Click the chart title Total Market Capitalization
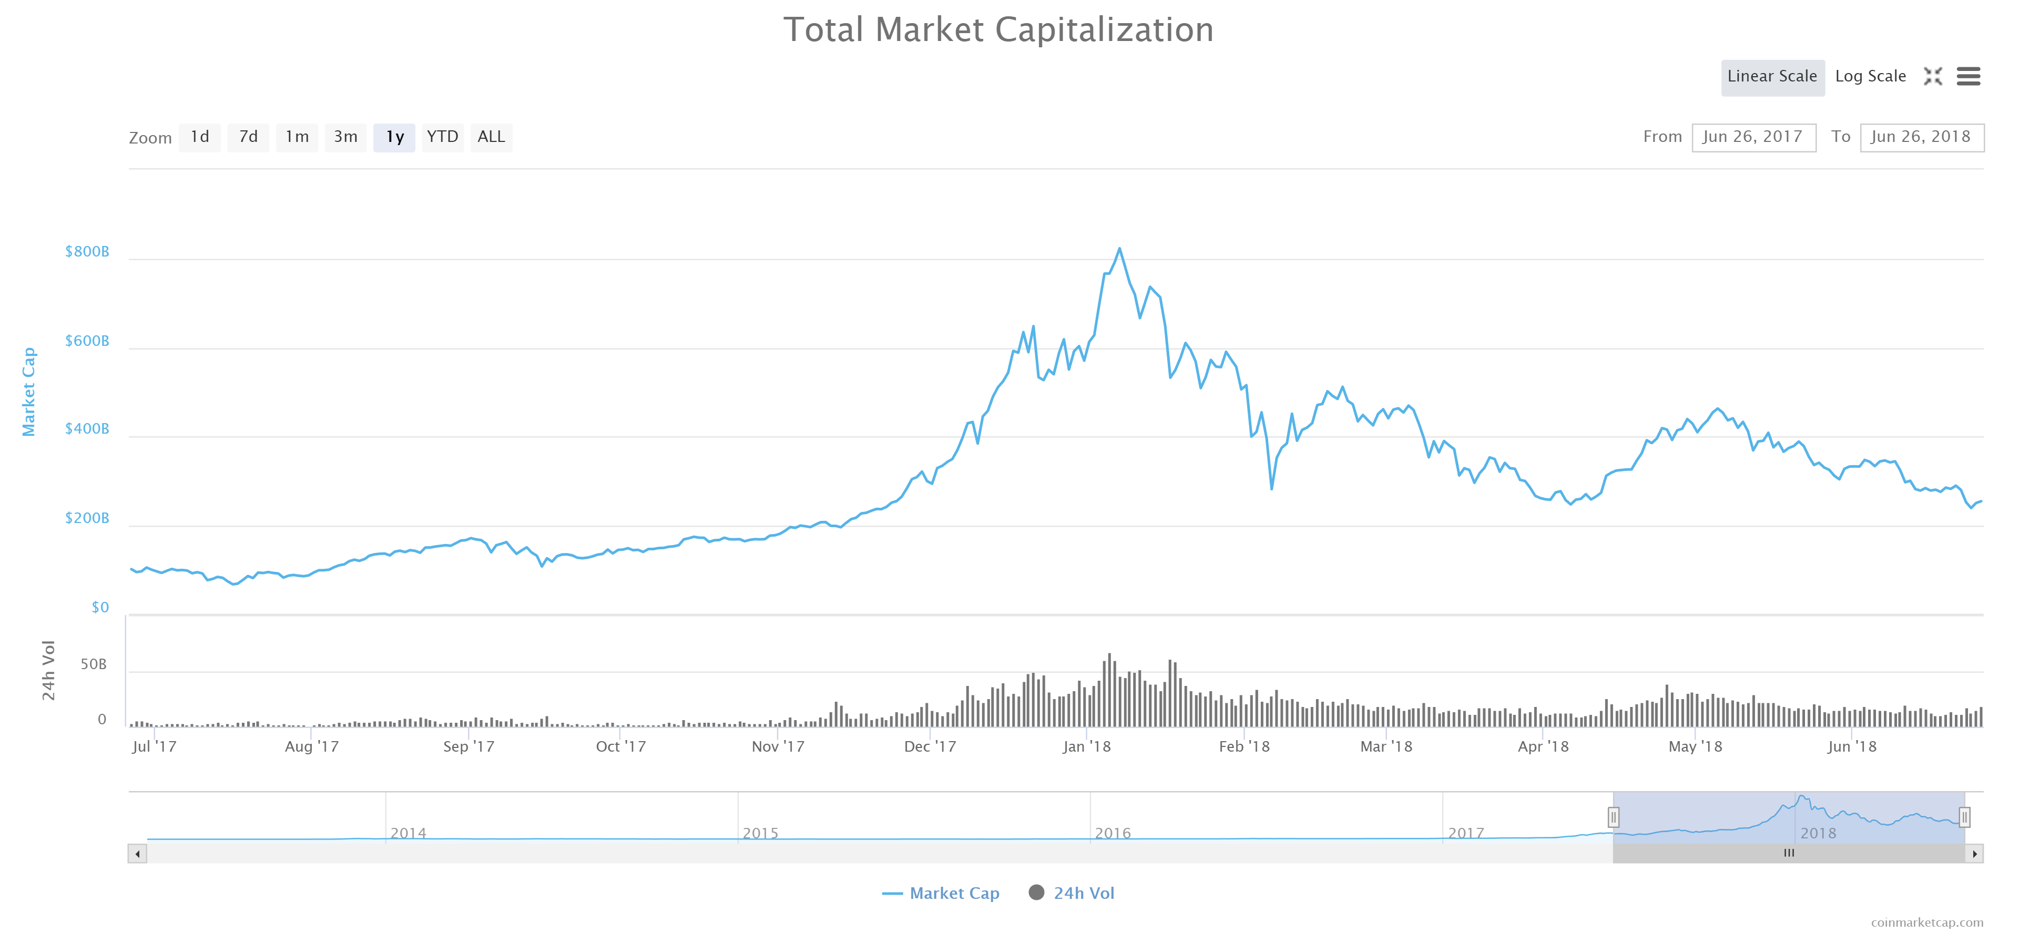[998, 30]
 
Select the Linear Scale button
[1771, 77]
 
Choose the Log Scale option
[1870, 77]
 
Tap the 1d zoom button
[200, 137]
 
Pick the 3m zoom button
[345, 137]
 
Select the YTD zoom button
[442, 137]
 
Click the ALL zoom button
[492, 137]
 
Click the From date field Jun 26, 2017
[1753, 137]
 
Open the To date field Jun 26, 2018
[1921, 137]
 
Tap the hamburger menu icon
[1968, 77]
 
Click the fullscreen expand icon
[1933, 77]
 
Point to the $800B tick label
[87, 251]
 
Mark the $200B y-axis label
[87, 518]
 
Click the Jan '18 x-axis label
[1086, 746]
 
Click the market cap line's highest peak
[1119, 249]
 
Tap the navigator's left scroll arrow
[138, 854]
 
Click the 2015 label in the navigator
[760, 833]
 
